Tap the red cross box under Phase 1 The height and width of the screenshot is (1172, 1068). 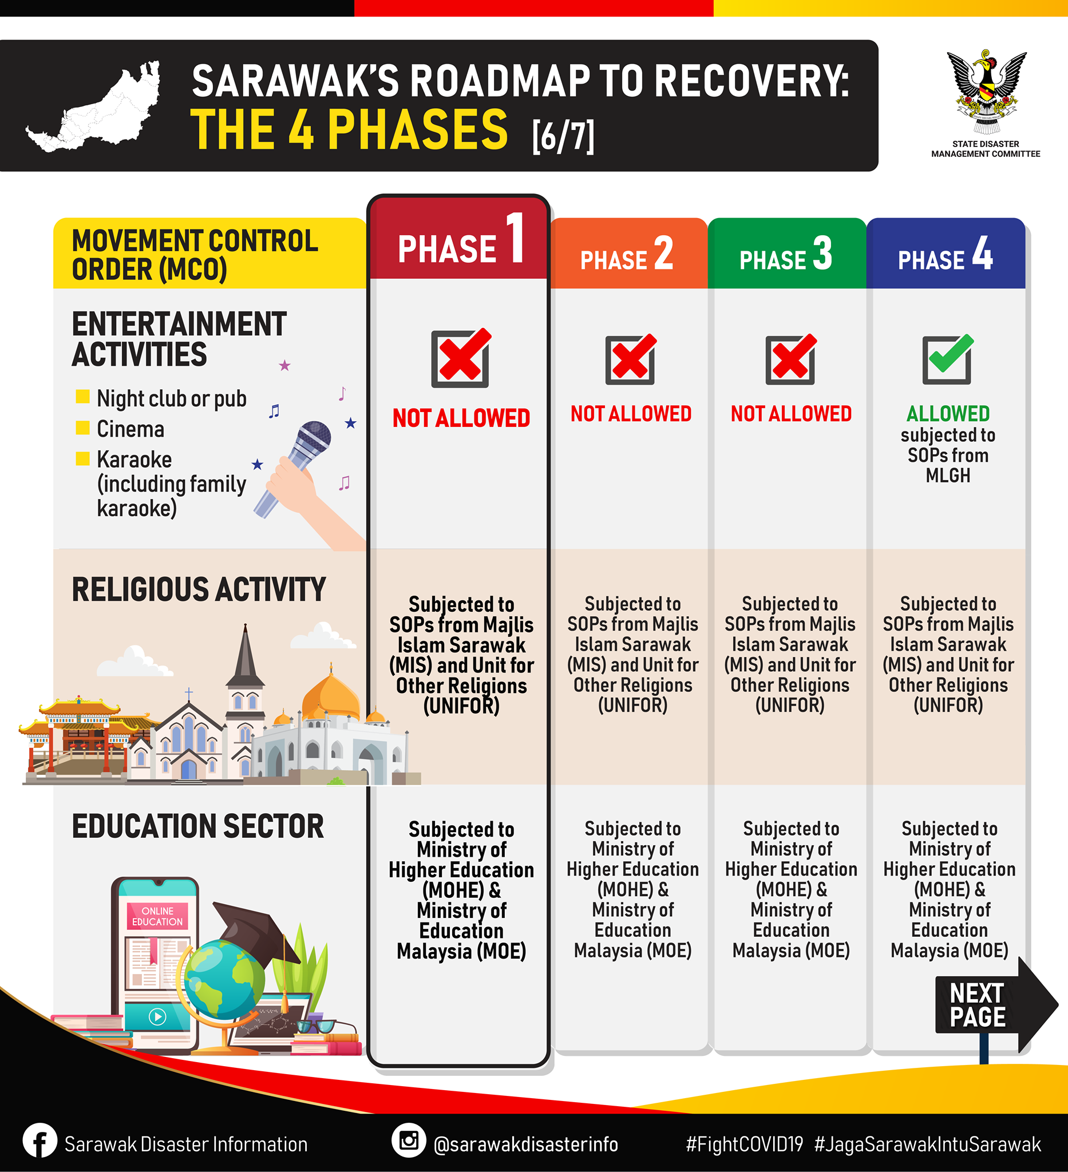pos(461,358)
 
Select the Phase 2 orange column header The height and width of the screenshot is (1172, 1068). pos(628,254)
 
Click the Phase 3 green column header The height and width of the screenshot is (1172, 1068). pos(786,254)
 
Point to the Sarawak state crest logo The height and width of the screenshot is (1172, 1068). pos(986,92)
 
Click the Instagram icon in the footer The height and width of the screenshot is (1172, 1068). pos(409,1140)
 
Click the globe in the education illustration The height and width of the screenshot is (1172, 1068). pos(224,980)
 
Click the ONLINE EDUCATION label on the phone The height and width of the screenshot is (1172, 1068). pos(157,916)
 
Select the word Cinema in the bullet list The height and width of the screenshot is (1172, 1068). pos(131,429)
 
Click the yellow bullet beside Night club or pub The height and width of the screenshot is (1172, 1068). pos(82,397)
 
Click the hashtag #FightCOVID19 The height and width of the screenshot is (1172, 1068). pos(744,1145)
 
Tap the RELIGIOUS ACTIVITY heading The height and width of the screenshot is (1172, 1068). pos(199,589)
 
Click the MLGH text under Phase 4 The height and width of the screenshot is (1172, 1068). pos(948,476)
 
